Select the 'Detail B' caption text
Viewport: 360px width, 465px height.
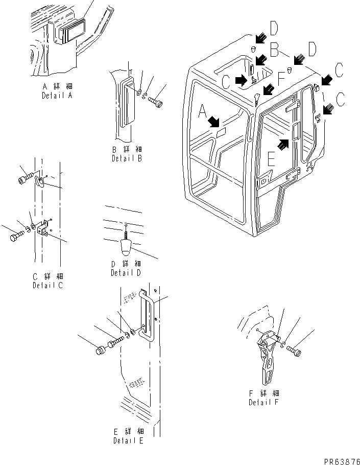click(x=127, y=158)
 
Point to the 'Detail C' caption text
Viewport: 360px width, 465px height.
click(x=47, y=285)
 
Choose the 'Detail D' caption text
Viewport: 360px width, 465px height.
click(x=126, y=273)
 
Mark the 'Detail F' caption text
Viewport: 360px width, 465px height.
click(x=263, y=402)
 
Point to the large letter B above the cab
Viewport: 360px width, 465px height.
click(x=274, y=50)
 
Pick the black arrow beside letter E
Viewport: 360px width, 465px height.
click(x=284, y=143)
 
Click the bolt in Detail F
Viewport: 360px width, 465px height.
click(x=294, y=351)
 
